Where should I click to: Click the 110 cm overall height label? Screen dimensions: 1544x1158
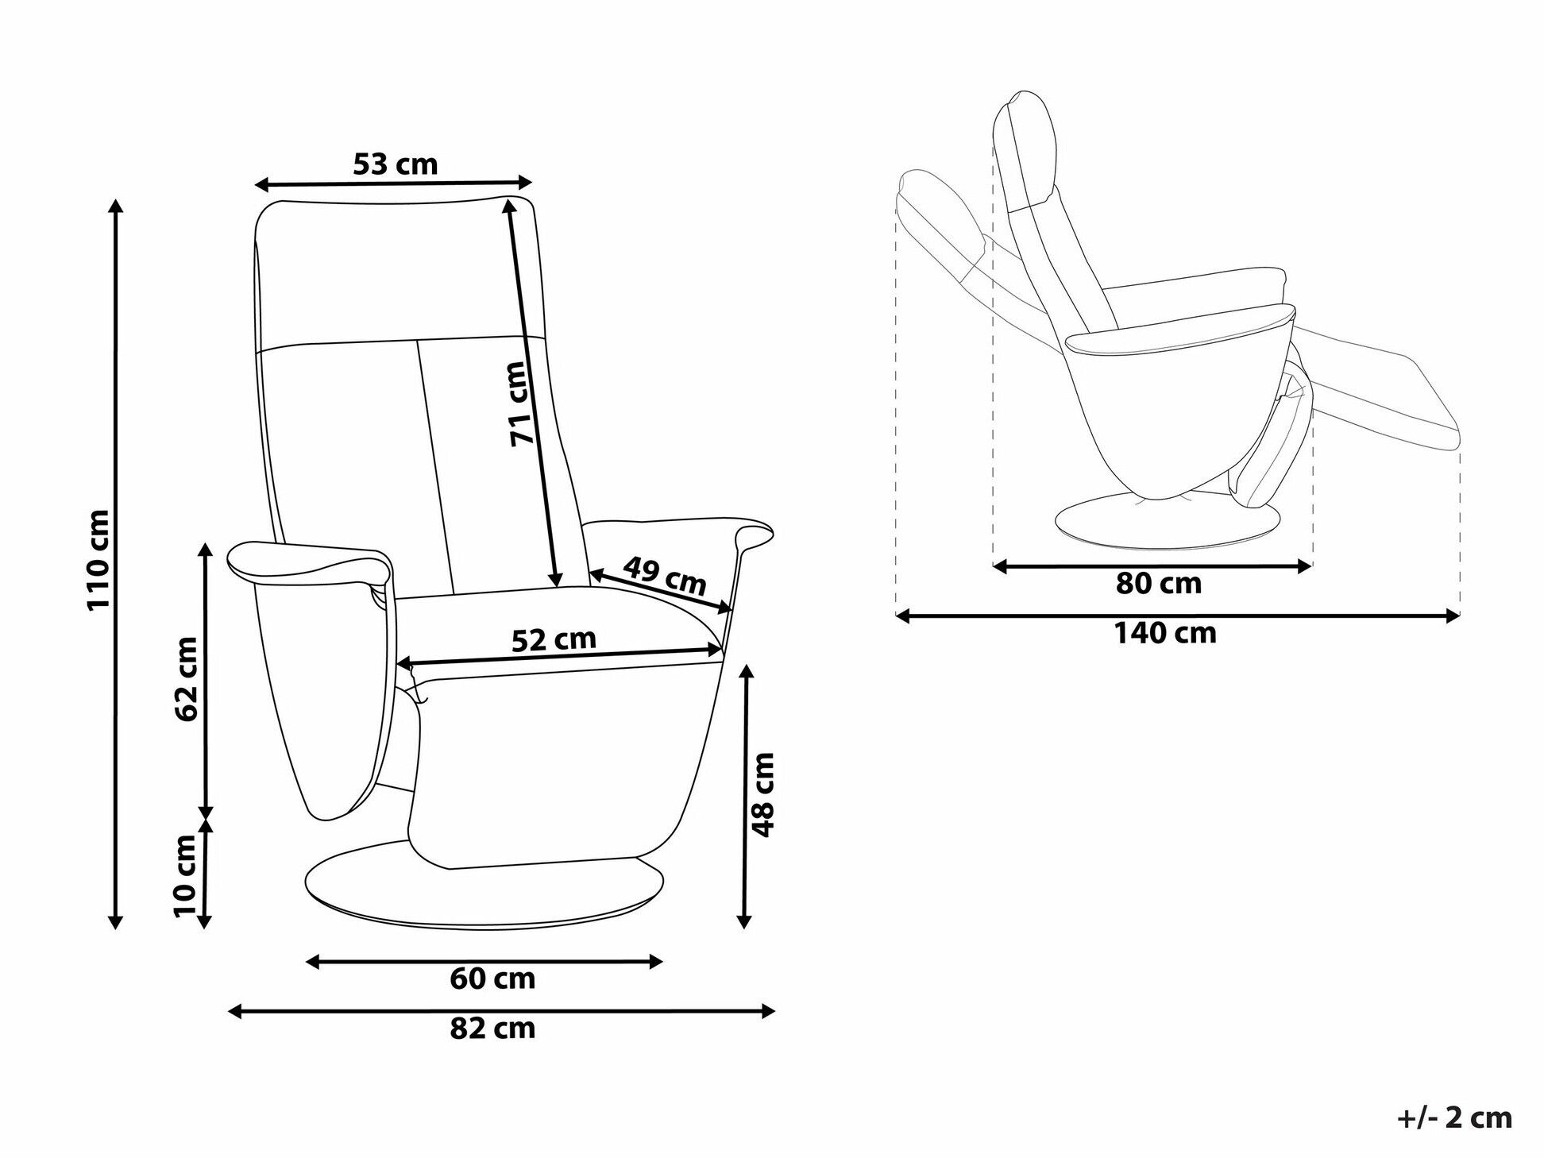pyautogui.click(x=98, y=559)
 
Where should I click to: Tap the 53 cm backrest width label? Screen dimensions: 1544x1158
pyautogui.click(x=395, y=164)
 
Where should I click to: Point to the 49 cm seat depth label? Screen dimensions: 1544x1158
pyautogui.click(x=665, y=575)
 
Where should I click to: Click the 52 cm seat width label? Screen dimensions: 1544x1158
pyautogui.click(x=554, y=639)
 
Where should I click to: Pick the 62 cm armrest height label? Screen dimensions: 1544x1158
pyautogui.click(x=187, y=679)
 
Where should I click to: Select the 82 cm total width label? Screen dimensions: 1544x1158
pyautogui.click(x=492, y=1029)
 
